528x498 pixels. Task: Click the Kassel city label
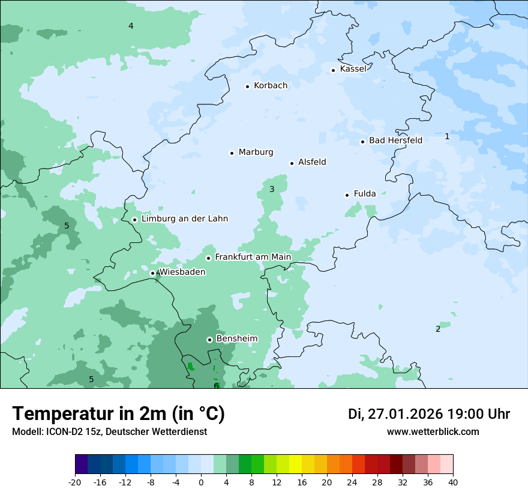coord(353,69)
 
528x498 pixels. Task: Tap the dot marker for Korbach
coord(247,86)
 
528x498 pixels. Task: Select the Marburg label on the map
coord(256,152)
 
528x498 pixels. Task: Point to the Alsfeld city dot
coord(292,163)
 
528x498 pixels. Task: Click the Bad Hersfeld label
coord(395,140)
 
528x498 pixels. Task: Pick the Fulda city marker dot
coord(347,195)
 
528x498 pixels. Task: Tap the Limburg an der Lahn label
coord(184,219)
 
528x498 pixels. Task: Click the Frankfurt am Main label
coord(253,257)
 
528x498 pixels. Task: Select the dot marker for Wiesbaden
coord(153,274)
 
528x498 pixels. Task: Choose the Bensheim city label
coord(236,339)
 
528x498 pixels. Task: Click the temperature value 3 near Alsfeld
coord(272,190)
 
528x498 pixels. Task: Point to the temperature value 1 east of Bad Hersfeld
coord(447,137)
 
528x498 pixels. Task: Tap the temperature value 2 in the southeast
coord(438,329)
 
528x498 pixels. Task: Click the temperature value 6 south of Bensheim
coord(216,386)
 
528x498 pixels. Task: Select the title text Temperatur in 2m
coord(118,413)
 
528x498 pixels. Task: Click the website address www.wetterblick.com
coord(433,432)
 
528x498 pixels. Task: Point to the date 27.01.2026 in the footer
coord(405,414)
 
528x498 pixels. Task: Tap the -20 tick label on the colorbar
coord(75,482)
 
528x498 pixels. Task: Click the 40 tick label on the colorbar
coord(453,482)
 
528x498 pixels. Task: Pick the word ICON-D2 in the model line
coord(60,432)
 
